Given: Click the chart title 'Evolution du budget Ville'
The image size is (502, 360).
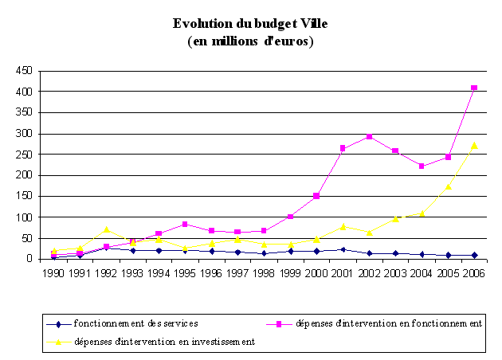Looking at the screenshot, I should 250,24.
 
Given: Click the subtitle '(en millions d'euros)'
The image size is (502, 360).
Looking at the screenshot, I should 250,41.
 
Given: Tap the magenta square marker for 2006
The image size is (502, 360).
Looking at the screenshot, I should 473,88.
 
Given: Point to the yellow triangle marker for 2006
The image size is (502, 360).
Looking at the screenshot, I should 473,146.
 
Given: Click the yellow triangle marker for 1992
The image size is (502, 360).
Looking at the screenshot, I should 107,229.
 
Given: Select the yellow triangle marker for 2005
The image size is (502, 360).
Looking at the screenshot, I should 448,186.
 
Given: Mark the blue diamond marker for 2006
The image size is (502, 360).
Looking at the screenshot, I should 473,255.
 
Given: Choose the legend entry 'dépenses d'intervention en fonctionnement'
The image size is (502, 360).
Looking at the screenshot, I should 389,323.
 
